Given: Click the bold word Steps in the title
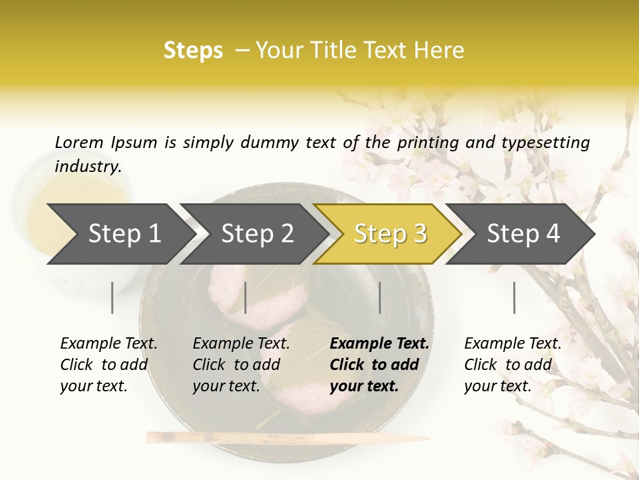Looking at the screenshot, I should pyautogui.click(x=193, y=51).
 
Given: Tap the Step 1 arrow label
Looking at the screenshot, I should pyautogui.click(x=124, y=233).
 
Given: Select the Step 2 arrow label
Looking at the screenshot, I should pyautogui.click(x=258, y=233).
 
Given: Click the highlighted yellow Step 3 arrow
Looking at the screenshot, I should pyautogui.click(x=390, y=233).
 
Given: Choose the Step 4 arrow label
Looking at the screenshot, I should pyautogui.click(x=523, y=233).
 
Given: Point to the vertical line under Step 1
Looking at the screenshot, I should pyautogui.click(x=112, y=297).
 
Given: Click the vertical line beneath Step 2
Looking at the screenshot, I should pyautogui.click(x=246, y=297).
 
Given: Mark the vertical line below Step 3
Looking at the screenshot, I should pyautogui.click(x=380, y=297).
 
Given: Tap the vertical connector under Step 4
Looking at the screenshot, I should pyautogui.click(x=515, y=297).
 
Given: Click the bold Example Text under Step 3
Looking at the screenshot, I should pyautogui.click(x=379, y=343).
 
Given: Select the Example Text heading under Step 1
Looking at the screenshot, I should pyautogui.click(x=108, y=343).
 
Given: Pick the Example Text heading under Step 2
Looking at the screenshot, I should pyautogui.click(x=241, y=343).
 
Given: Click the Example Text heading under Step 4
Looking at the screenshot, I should pyautogui.click(x=513, y=343).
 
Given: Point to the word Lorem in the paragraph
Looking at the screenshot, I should pyautogui.click(x=79, y=142).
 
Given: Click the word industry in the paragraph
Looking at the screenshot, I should pyautogui.click(x=88, y=166).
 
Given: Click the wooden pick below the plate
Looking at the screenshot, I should pyautogui.click(x=286, y=437).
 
